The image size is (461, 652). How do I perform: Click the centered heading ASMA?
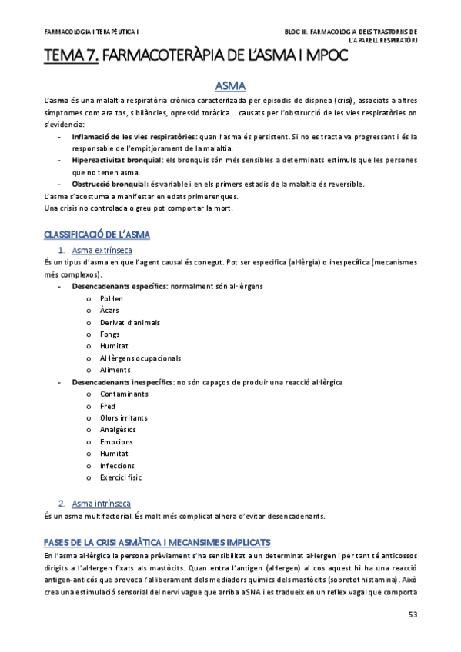(230, 85)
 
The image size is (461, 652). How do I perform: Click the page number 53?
(412, 615)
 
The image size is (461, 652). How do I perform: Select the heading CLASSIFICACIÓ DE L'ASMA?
(97, 234)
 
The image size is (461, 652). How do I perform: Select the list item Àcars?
(109, 310)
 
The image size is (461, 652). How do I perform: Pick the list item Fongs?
(110, 334)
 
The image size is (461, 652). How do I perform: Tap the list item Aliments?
(115, 370)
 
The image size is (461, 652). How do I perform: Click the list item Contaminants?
(123, 394)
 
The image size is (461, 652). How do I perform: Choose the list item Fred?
(108, 406)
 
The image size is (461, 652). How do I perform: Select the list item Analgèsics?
(118, 430)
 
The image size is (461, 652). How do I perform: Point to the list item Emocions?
(116, 442)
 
